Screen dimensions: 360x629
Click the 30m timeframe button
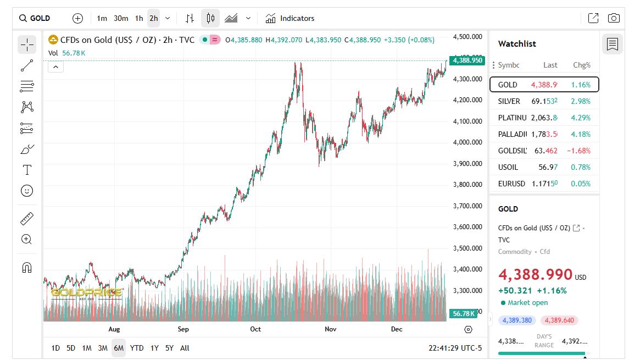click(121, 18)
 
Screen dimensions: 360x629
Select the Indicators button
click(290, 18)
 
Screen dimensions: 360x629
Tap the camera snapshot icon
click(614, 18)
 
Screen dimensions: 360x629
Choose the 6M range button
click(119, 348)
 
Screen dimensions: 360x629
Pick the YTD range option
click(137, 348)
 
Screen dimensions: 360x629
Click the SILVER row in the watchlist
click(544, 101)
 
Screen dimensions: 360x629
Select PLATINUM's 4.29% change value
click(581, 118)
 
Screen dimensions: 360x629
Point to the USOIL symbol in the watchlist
click(508, 167)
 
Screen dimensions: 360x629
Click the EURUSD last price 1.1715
click(544, 184)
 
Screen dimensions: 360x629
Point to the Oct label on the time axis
click(255, 329)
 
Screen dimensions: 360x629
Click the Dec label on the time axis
click(397, 329)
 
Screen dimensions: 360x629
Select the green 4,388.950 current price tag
click(467, 60)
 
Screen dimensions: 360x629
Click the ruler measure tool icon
click(27, 219)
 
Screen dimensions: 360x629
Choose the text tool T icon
click(27, 170)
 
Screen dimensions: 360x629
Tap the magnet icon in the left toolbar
click(27, 267)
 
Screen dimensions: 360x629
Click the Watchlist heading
click(517, 44)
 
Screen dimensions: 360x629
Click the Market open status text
click(527, 303)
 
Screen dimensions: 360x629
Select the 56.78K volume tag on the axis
click(463, 313)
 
